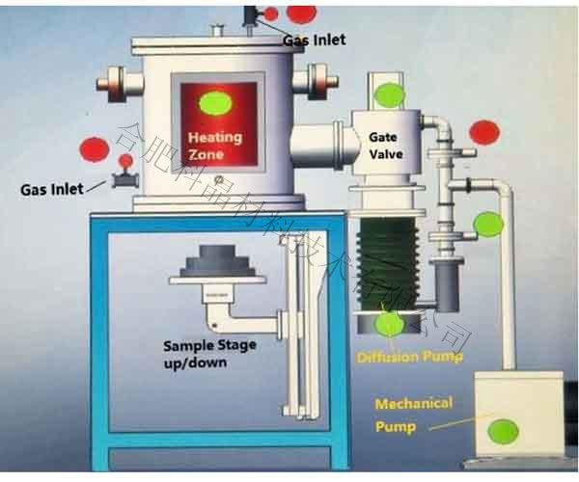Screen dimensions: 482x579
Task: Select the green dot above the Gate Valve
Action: click(389, 94)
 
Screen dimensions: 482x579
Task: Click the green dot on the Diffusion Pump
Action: click(390, 323)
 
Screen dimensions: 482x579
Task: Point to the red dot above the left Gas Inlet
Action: click(94, 149)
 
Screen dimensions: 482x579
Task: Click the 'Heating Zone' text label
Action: click(207, 146)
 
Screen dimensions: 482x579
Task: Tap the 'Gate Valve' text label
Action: click(386, 146)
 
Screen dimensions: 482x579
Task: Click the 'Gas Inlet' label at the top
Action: click(314, 40)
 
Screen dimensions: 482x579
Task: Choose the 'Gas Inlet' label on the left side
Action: click(52, 189)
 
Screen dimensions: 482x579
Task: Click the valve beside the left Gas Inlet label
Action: click(123, 178)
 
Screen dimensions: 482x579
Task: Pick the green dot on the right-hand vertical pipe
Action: click(489, 225)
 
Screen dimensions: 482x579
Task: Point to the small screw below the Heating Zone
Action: click(218, 179)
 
